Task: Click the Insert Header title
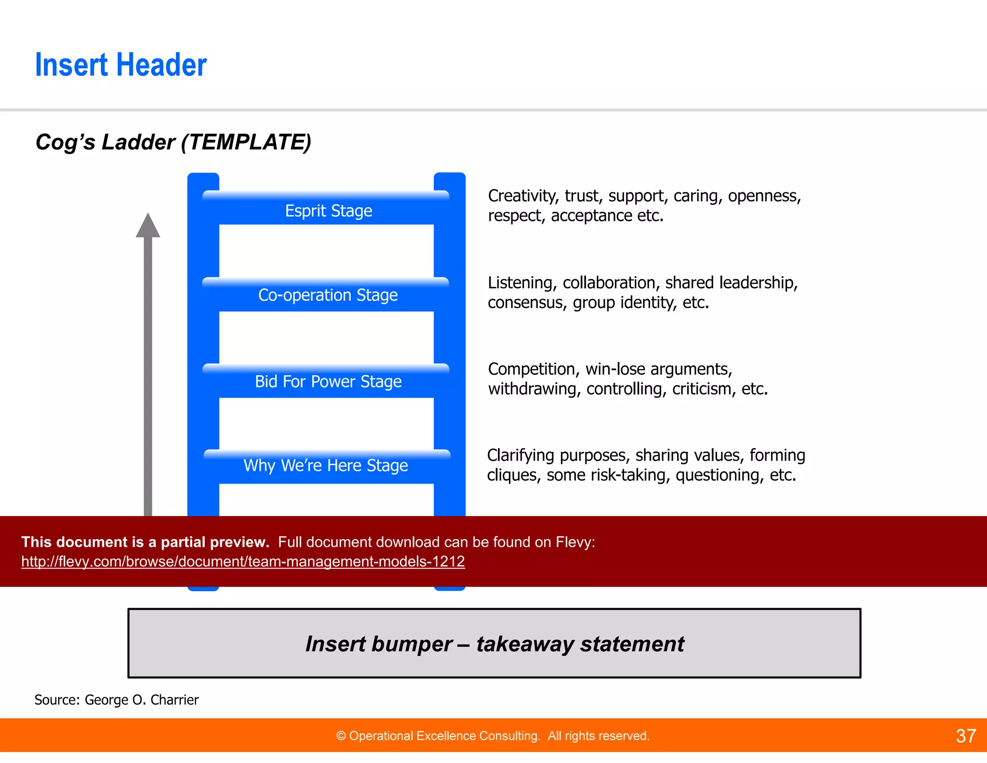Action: click(120, 65)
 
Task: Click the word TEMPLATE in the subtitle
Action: click(247, 142)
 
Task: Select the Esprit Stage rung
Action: click(328, 211)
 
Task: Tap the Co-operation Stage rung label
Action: click(328, 295)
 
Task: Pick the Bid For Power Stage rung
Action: click(328, 381)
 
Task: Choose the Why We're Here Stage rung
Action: click(326, 465)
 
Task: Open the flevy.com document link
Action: click(243, 561)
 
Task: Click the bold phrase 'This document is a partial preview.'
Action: click(145, 542)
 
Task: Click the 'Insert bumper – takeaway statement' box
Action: click(494, 643)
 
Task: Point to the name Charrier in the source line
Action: click(174, 700)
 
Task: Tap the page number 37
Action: click(965, 736)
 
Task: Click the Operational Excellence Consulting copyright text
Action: click(493, 736)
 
